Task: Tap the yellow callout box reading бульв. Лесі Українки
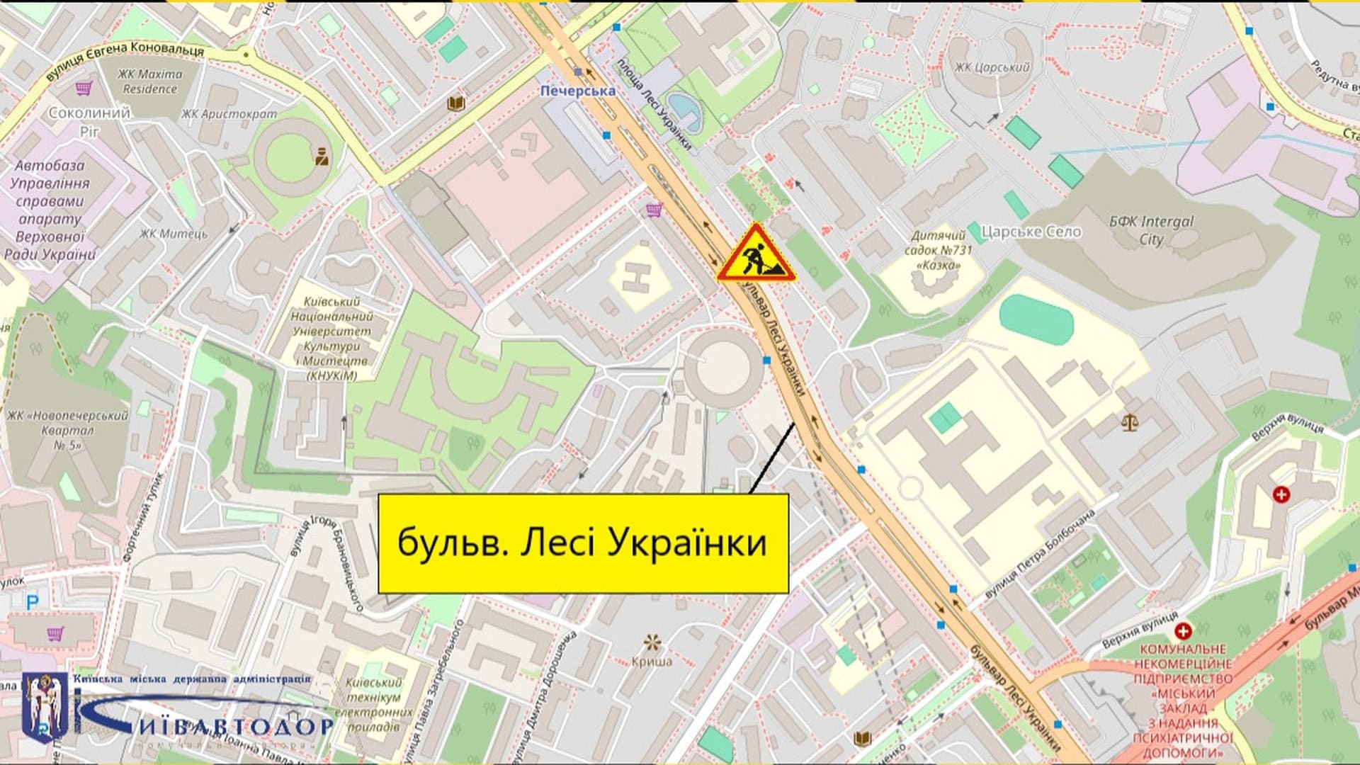pos(582,543)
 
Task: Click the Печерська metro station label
pos(577,91)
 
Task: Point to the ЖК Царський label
pos(991,68)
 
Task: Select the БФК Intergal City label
pos(1151,230)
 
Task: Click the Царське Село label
pos(1031,232)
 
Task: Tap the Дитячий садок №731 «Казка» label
pos(939,250)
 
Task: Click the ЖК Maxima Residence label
pos(149,81)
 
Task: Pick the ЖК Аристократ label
pos(229,113)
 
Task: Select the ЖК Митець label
pos(174,234)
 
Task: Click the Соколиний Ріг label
pos(89,121)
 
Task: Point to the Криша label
pos(652,661)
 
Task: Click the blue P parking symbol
pos(33,602)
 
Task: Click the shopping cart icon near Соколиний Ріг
pos(84,88)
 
